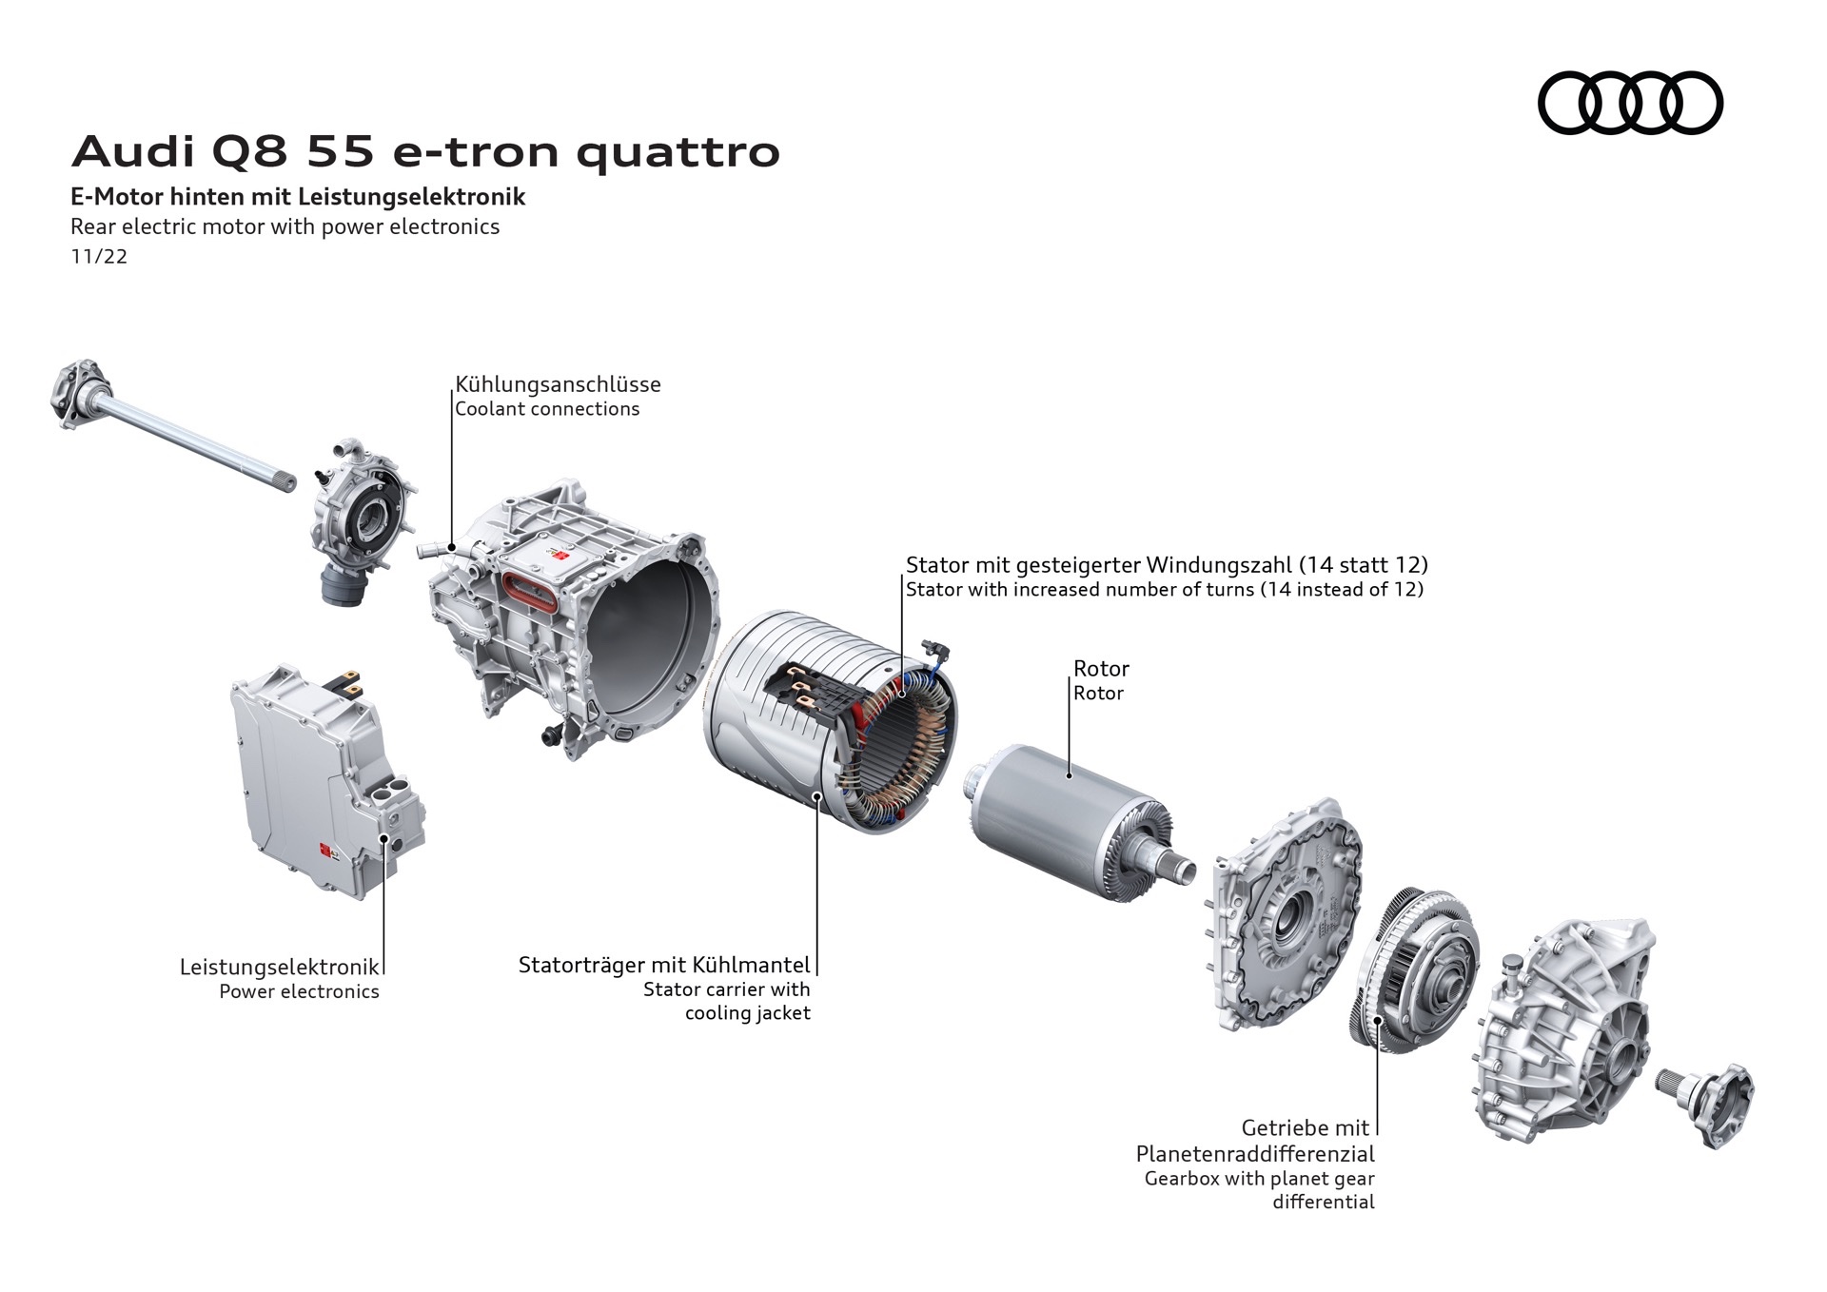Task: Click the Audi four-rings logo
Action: (x=1630, y=103)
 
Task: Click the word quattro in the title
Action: (x=678, y=152)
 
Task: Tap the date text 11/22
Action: (x=99, y=257)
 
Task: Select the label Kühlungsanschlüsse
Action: (x=558, y=384)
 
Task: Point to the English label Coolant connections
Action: (x=547, y=409)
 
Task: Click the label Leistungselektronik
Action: (x=280, y=967)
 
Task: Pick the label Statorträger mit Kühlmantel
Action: (x=664, y=965)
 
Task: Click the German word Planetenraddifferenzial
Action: (x=1255, y=1154)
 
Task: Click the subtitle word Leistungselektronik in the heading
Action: (x=411, y=197)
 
